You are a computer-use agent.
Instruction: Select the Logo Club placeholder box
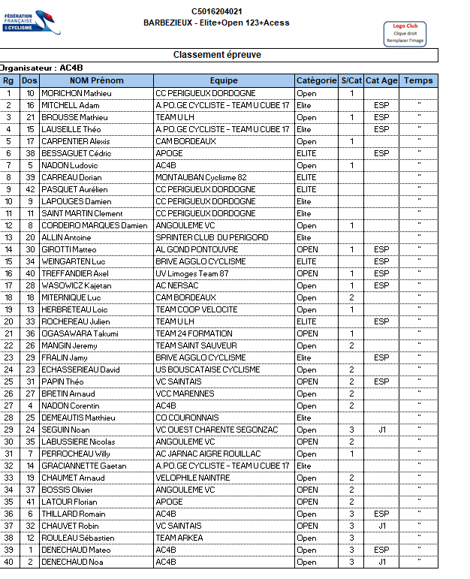coord(404,34)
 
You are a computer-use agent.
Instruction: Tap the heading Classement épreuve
coord(217,55)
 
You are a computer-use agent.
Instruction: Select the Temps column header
coord(417,81)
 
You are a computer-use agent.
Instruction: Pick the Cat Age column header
coord(381,81)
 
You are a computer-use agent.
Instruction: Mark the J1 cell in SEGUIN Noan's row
coord(381,430)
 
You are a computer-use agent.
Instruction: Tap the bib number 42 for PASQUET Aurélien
coord(30,190)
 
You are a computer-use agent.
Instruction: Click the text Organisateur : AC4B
coord(42,68)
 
